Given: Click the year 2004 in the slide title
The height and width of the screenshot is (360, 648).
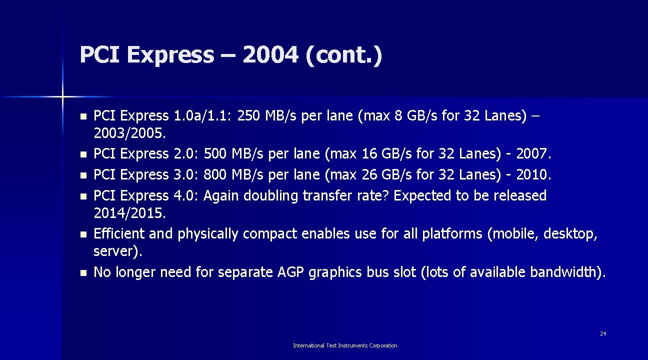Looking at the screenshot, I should (269, 55).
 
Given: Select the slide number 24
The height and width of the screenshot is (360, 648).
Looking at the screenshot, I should (603, 333).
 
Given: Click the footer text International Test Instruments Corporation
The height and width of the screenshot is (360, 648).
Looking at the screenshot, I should (345, 345).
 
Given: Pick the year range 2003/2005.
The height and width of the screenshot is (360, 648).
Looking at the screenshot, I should (130, 134).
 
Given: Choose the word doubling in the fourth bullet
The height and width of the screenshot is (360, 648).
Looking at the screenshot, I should (274, 195).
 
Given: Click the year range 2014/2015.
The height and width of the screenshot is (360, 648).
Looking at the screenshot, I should (129, 213).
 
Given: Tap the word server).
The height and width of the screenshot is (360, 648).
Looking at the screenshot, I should (118, 251).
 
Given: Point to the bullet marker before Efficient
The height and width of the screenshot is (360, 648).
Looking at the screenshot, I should (83, 234).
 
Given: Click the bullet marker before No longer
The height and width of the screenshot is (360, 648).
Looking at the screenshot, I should (83, 272).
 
